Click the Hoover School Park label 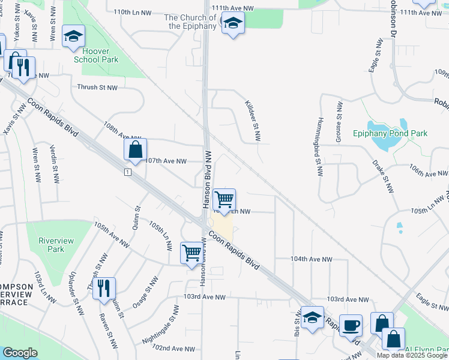pyautogui.click(x=96, y=55)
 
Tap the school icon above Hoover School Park pyautogui.click(x=74, y=37)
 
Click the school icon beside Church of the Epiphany pyautogui.click(x=232, y=24)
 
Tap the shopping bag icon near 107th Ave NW pyautogui.click(x=136, y=149)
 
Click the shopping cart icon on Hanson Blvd pyautogui.click(x=224, y=199)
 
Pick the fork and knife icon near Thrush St pyautogui.click(x=104, y=289)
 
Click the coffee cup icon pyautogui.click(x=351, y=325)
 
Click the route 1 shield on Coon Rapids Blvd pyautogui.click(x=128, y=173)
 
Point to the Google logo pyautogui.click(x=20, y=353)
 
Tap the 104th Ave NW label pyautogui.click(x=311, y=259)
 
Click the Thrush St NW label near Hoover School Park pyautogui.click(x=97, y=87)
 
